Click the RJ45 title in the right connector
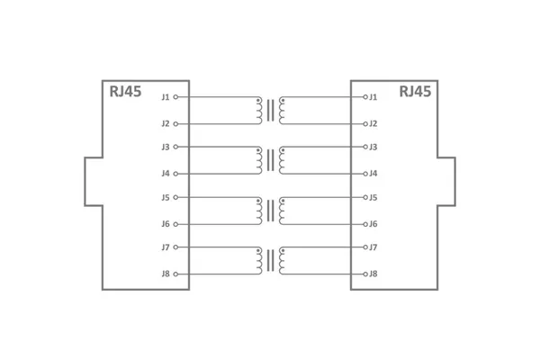[x=415, y=91]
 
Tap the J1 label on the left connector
[x=165, y=96]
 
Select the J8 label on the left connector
[x=165, y=274]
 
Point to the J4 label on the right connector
[x=373, y=173]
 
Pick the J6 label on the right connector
[x=373, y=223]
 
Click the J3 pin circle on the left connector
[x=175, y=147]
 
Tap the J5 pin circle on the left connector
[x=175, y=197]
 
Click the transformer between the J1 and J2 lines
[x=270, y=110]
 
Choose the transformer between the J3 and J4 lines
[x=270, y=160]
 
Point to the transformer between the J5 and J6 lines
[x=270, y=211]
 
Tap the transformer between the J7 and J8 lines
[x=270, y=260]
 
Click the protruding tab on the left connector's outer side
[x=94, y=182]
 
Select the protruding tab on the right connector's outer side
[x=446, y=182]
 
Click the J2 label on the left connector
[x=165, y=123]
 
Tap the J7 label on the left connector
[x=165, y=247]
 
